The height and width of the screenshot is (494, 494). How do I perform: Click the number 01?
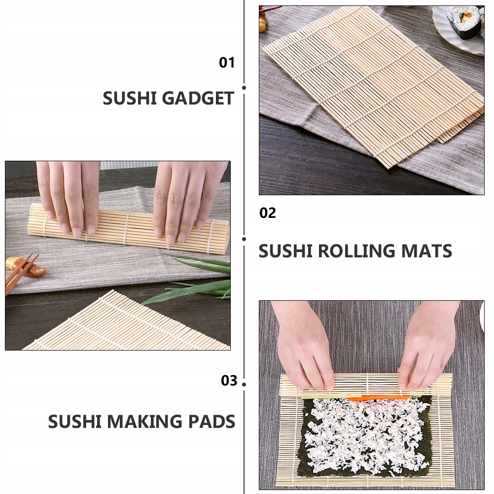pos(227,63)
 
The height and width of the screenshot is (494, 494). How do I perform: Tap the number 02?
pos(268,213)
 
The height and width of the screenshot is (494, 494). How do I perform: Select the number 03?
pos(229,381)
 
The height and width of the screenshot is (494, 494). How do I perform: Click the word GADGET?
pos(198,99)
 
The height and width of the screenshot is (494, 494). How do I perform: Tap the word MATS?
pos(427,251)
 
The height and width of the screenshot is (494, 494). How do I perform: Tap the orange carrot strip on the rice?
pos(377,398)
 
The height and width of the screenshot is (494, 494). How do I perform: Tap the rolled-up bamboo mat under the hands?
pos(128,229)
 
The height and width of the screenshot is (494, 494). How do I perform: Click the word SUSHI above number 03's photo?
pos(285,251)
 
